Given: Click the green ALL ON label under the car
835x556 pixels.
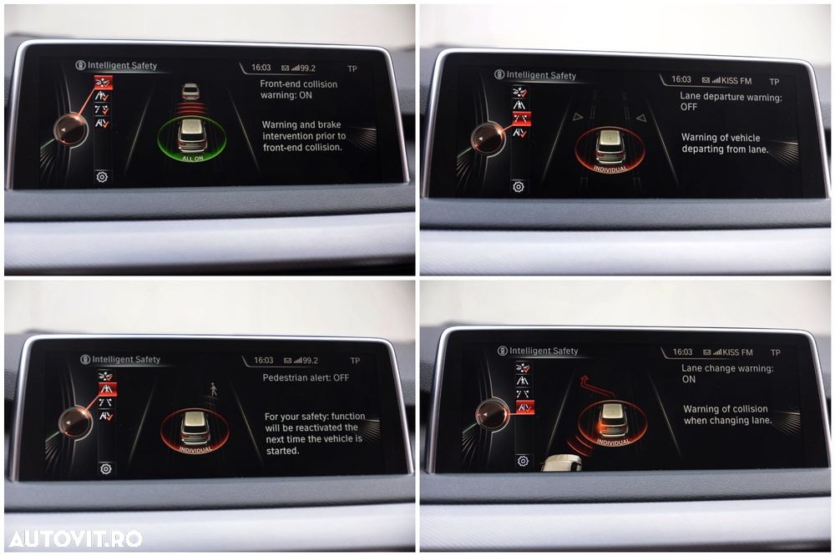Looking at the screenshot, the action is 192,158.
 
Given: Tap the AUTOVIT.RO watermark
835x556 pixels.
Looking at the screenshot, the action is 76,538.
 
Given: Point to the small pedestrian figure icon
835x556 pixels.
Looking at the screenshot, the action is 214,389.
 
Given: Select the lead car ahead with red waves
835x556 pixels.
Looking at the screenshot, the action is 190,91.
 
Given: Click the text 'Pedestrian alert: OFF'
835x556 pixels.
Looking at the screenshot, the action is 306,377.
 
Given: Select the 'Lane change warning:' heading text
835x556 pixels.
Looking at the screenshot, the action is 727,368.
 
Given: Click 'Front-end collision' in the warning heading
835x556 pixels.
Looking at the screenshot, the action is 299,84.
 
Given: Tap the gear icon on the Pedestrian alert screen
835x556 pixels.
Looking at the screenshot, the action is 106,468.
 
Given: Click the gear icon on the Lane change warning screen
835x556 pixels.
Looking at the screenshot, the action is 523,461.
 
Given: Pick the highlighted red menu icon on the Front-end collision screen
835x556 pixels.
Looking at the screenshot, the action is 104,83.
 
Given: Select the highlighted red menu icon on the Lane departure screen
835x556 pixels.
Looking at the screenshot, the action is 521,119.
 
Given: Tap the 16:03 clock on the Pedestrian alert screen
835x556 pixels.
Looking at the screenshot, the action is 264,361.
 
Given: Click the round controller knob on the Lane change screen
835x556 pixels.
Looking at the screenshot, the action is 492,414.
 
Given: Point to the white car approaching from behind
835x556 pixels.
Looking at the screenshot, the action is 562,462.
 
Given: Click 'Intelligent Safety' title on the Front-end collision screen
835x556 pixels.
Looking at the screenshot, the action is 122,65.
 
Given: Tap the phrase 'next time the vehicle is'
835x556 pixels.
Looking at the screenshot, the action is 314,439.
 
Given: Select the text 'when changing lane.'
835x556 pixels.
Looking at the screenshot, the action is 727,420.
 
